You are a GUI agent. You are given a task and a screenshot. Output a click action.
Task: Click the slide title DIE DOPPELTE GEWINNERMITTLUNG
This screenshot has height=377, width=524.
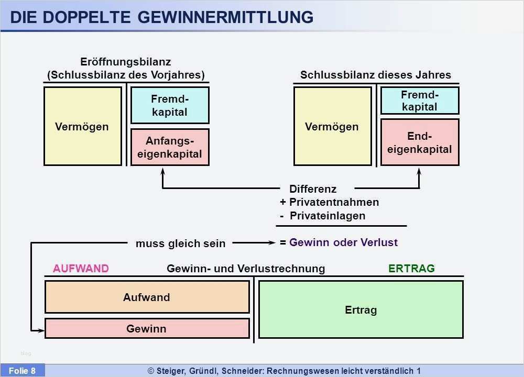coord(161,17)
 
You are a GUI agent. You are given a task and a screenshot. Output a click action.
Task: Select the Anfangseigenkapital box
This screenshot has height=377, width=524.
coord(170,147)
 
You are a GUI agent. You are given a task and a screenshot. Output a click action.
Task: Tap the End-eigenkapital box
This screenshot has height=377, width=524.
coord(420,142)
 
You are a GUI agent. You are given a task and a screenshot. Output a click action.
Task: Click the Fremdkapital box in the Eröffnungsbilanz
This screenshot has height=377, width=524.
coord(170,105)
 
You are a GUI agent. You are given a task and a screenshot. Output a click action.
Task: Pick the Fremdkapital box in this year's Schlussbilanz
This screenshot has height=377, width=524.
coord(420,101)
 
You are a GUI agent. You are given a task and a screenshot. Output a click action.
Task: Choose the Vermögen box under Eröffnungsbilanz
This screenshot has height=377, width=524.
coord(82,126)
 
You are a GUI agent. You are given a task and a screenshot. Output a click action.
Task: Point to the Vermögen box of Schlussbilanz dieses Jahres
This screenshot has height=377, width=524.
coord(332,126)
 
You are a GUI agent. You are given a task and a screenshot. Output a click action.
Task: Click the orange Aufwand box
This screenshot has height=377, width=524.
coord(147,297)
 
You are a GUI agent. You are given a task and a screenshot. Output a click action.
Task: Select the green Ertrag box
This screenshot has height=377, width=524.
coord(361,309)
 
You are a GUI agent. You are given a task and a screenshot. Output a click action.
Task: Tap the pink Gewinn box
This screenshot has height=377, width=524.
coord(147,328)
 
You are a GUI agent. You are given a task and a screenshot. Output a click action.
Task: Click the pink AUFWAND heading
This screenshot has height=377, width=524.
coord(81,269)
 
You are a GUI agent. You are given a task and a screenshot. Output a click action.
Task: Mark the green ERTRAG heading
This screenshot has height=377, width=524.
coord(411,269)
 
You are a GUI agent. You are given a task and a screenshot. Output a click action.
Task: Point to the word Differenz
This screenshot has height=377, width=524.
coord(313,189)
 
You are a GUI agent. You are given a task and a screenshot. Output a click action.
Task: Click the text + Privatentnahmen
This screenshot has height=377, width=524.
coord(329,202)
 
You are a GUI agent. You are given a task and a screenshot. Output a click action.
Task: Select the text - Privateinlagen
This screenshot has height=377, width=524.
coord(322,216)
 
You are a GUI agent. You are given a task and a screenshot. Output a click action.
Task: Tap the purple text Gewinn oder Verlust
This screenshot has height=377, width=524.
coord(343,242)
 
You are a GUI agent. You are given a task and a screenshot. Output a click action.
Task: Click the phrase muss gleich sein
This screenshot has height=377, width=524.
coord(180,243)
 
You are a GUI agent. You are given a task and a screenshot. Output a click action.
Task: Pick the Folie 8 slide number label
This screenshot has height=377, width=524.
coord(22,371)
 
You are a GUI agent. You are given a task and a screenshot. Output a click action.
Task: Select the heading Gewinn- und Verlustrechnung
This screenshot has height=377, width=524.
coord(246,269)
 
